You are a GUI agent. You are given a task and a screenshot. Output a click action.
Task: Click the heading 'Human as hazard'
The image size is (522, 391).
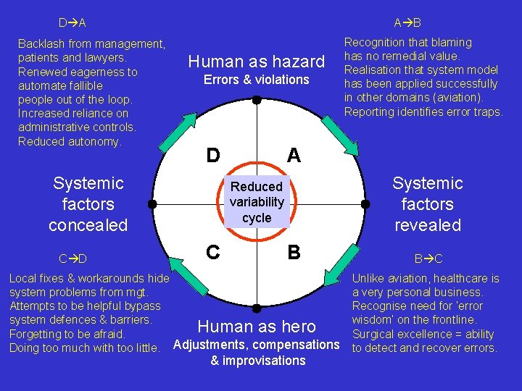tap(256, 62)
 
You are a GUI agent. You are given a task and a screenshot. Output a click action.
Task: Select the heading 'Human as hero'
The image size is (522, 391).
tap(257, 327)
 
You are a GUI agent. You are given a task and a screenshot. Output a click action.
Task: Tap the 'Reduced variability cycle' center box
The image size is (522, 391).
tap(257, 202)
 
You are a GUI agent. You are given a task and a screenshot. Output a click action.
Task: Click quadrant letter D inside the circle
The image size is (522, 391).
tap(213, 156)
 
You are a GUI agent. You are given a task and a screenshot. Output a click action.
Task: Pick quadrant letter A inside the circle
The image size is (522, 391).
tap(294, 156)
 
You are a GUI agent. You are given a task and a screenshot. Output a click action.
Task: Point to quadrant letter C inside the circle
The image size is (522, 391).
tap(213, 252)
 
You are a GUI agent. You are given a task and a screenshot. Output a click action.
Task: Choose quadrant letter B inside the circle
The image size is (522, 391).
tap(294, 252)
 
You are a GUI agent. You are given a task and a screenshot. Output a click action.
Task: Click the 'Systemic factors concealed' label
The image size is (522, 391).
tap(88, 204)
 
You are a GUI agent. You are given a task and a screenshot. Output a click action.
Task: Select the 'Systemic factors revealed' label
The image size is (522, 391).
tap(427, 204)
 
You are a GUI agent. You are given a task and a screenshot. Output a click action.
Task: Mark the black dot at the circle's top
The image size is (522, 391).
tap(257, 99)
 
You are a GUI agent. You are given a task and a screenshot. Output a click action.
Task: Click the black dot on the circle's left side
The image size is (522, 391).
tap(152, 204)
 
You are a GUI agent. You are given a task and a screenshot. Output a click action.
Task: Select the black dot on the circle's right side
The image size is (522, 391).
tap(362, 204)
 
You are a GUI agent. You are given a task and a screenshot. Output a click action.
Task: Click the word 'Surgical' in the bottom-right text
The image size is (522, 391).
tap(374, 335)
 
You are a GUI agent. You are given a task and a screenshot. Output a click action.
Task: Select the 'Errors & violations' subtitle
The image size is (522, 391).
tap(256, 80)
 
